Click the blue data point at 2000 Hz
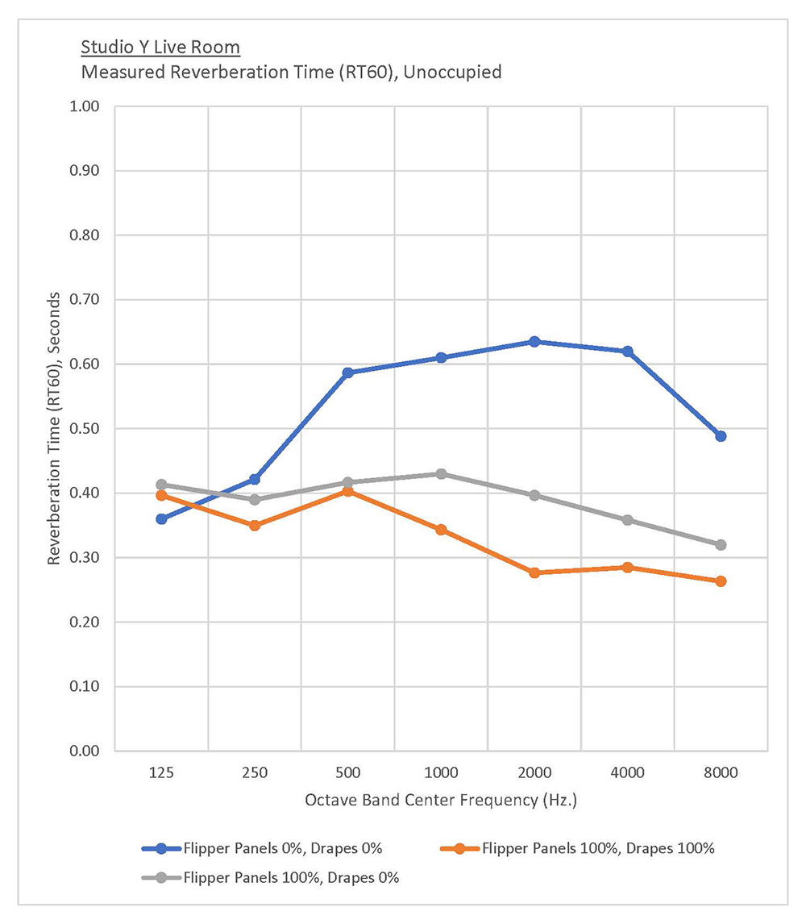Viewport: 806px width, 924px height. point(534,342)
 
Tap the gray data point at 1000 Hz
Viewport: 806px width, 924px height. point(441,474)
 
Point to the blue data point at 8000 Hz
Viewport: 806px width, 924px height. point(721,436)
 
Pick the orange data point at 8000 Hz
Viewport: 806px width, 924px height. point(721,581)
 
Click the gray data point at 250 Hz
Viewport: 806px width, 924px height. point(255,500)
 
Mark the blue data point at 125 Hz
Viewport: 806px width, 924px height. point(161,519)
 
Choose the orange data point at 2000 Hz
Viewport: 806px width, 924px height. point(534,572)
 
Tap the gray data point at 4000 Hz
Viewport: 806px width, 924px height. point(628,520)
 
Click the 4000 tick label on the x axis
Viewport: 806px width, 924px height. point(628,773)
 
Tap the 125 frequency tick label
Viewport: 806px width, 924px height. point(161,773)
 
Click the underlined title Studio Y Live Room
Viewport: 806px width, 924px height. point(160,48)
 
